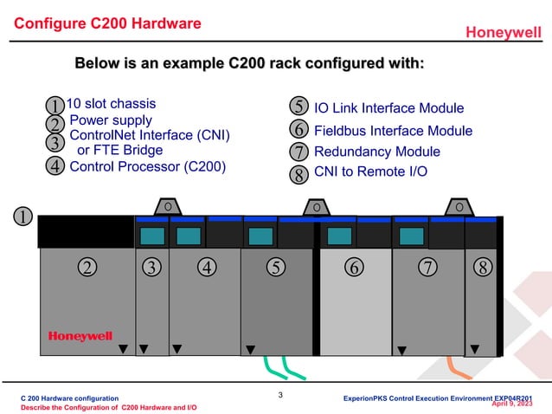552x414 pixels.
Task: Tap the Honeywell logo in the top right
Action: [x=504, y=33]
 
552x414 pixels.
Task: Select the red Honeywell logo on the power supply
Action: [x=80, y=336]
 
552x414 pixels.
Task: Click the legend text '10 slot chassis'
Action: [x=112, y=104]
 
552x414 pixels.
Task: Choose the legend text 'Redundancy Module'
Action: [x=376, y=152]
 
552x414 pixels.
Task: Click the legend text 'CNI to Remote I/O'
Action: [x=370, y=171]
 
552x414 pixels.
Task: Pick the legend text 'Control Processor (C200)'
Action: [x=148, y=166]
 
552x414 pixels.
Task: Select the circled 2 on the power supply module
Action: [x=87, y=267]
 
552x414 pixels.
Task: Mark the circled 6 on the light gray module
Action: [x=353, y=267]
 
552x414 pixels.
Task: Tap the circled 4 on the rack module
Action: [x=206, y=267]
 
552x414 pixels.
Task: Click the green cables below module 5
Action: [x=283, y=368]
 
